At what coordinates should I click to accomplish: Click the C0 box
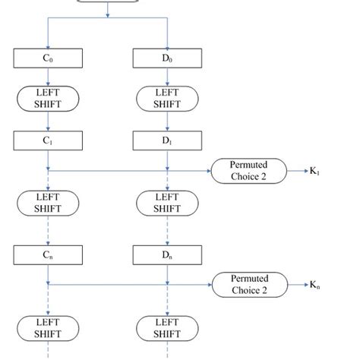pos(49,57)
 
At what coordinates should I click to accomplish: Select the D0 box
pos(167,57)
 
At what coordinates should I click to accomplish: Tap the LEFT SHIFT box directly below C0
pos(49,98)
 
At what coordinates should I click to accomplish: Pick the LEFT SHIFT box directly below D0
pos(167,98)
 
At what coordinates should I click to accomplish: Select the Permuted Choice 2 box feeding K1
pos(250,171)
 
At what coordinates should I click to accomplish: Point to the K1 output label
pos(314,172)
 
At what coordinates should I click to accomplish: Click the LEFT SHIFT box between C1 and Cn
pos(49,203)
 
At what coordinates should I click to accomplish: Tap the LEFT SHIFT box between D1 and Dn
pos(167,203)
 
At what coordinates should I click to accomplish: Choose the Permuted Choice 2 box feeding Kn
pos(250,284)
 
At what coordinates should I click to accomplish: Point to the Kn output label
pos(314,285)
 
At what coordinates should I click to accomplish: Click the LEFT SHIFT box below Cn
pos(49,327)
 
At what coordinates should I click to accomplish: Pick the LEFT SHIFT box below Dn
pos(167,327)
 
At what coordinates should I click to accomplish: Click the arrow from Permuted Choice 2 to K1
pos(297,172)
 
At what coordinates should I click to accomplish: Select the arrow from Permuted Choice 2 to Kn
pos(297,285)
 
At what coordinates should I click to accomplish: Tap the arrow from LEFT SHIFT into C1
pos(49,121)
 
